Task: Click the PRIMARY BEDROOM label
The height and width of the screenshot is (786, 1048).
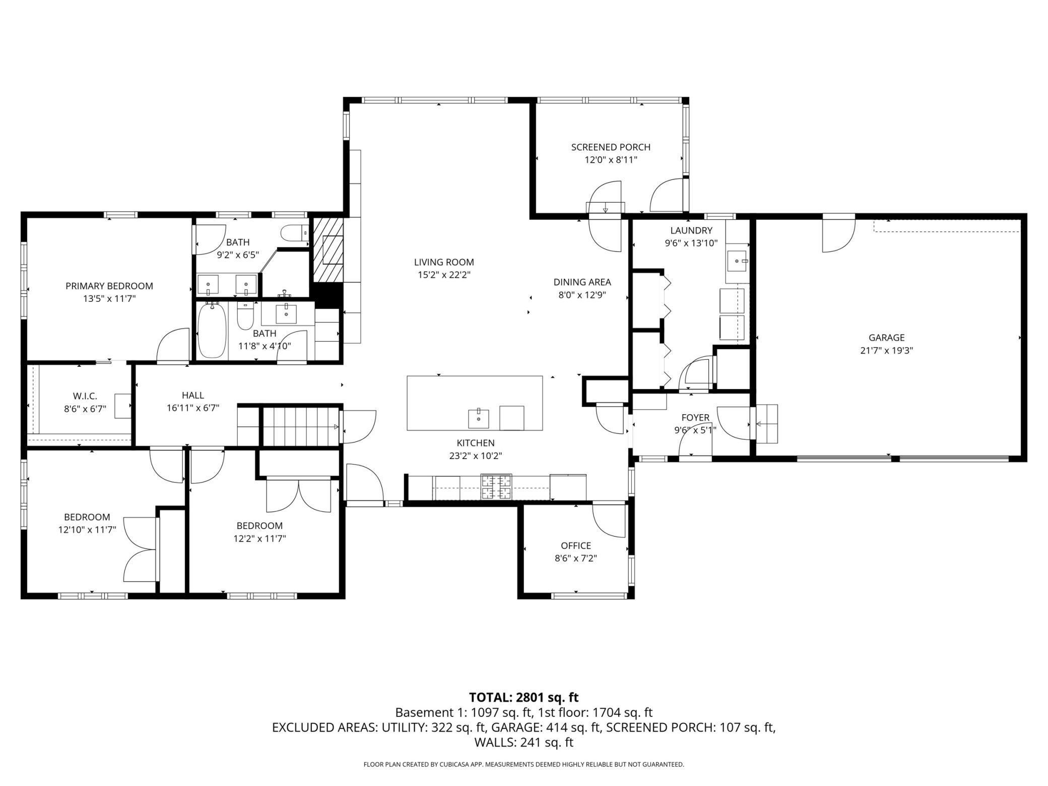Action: (109, 286)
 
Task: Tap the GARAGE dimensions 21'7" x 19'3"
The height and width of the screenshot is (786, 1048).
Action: (886, 350)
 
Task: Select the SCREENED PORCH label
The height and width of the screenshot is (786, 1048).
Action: (611, 147)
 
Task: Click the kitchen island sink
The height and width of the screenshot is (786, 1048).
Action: (478, 417)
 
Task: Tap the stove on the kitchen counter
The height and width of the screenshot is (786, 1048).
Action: (496, 487)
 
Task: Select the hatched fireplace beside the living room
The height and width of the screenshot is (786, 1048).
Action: (328, 250)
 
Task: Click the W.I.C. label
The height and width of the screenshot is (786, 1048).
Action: (85, 396)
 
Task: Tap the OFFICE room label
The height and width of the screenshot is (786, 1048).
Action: (576, 546)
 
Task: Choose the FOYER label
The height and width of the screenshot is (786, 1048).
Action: (695, 417)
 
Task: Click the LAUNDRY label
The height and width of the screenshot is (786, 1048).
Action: (691, 230)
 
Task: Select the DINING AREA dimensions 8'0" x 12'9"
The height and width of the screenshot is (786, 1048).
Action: (582, 295)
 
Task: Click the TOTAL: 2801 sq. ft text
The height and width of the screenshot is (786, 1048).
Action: (524, 697)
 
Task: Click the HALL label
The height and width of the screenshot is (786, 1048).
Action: (193, 396)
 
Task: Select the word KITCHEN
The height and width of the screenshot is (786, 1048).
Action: (476, 443)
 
